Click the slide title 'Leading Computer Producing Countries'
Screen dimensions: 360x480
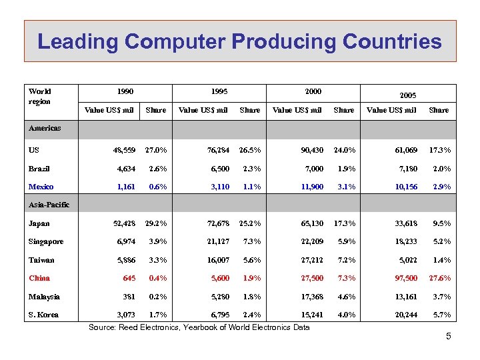point(239,42)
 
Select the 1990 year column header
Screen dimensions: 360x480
point(124,91)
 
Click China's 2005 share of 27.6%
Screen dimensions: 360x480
point(439,278)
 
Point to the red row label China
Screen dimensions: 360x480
point(39,278)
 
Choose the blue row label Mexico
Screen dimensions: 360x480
point(41,187)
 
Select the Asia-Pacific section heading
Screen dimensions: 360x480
point(49,205)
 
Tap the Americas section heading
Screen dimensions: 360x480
point(45,127)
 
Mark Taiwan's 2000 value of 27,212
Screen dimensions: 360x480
point(309,260)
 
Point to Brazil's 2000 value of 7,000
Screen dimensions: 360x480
point(312,169)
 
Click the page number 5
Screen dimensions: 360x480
point(449,336)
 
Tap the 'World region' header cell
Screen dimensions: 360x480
point(40,96)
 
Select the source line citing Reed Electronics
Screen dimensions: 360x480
point(199,327)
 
